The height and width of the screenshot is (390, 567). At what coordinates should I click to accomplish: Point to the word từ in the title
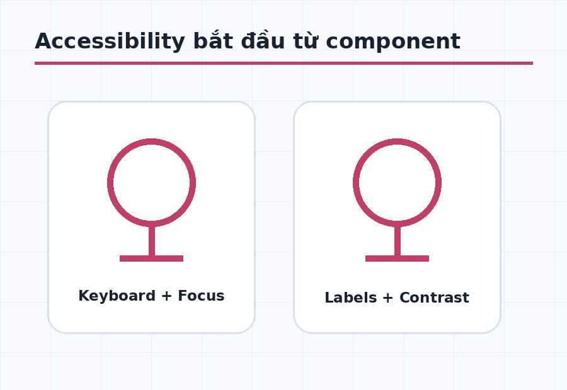click(306, 40)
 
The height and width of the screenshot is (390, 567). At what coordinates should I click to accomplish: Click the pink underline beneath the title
click(284, 63)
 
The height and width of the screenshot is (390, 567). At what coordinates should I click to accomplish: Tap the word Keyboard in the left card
click(117, 296)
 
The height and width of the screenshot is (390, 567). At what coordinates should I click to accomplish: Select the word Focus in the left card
click(201, 296)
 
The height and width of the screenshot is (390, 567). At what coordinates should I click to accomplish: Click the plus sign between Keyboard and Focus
click(166, 296)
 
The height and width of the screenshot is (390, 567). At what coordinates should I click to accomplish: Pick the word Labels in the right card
click(351, 298)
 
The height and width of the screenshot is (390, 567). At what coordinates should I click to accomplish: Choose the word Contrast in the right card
click(434, 298)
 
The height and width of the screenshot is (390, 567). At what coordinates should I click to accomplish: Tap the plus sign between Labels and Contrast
click(387, 298)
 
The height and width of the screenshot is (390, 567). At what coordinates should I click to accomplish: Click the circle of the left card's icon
click(108, 182)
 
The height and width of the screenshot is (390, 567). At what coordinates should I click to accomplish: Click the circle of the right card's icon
click(353, 182)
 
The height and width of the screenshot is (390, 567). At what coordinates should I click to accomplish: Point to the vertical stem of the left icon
click(152, 241)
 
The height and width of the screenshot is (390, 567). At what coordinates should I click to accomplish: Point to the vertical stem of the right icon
click(398, 241)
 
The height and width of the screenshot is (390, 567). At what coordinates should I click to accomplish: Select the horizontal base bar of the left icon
click(151, 259)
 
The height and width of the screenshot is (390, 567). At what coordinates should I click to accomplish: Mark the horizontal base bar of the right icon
click(397, 259)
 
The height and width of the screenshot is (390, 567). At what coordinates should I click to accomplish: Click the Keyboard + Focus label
click(151, 296)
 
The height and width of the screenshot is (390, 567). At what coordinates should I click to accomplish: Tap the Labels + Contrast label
click(397, 298)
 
